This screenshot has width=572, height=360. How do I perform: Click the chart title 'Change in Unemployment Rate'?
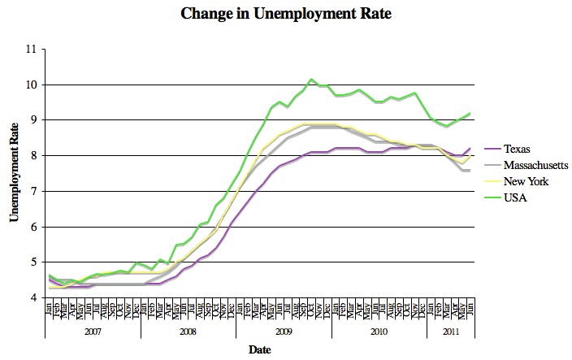click(x=285, y=14)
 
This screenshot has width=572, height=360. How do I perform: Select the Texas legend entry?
click(x=516, y=149)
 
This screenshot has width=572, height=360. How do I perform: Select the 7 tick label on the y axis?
click(x=35, y=191)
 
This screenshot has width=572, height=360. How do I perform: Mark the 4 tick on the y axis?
click(x=35, y=297)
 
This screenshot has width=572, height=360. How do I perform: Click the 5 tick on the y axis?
click(x=35, y=262)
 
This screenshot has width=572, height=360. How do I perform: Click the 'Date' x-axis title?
click(x=260, y=350)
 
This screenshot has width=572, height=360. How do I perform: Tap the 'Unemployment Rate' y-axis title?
click(x=14, y=173)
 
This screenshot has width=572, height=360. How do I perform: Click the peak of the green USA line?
click(x=311, y=80)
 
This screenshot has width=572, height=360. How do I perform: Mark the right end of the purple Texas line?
click(x=470, y=149)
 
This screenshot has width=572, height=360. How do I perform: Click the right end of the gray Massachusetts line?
click(x=470, y=170)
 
